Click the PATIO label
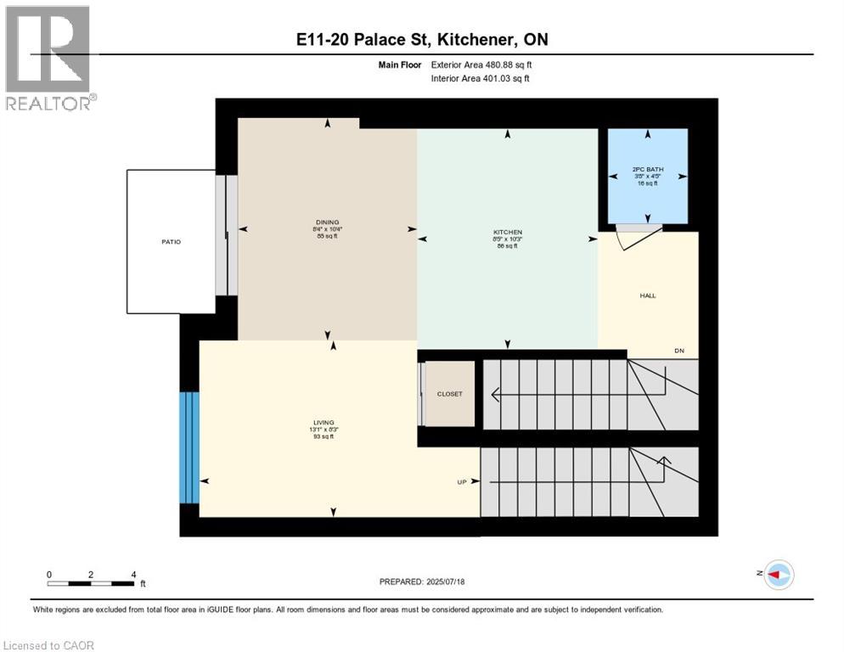click(171, 242)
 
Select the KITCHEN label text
click(508, 232)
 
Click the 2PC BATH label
click(648, 170)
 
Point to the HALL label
click(648, 295)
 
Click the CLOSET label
click(449, 394)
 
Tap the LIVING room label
click(323, 422)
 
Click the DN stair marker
click(679, 351)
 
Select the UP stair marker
click(463, 482)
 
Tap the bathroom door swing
click(633, 238)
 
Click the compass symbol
click(779, 575)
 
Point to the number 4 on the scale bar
click(134, 574)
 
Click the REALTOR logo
click(48, 58)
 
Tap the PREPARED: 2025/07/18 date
click(423, 582)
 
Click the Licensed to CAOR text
click(49, 645)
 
